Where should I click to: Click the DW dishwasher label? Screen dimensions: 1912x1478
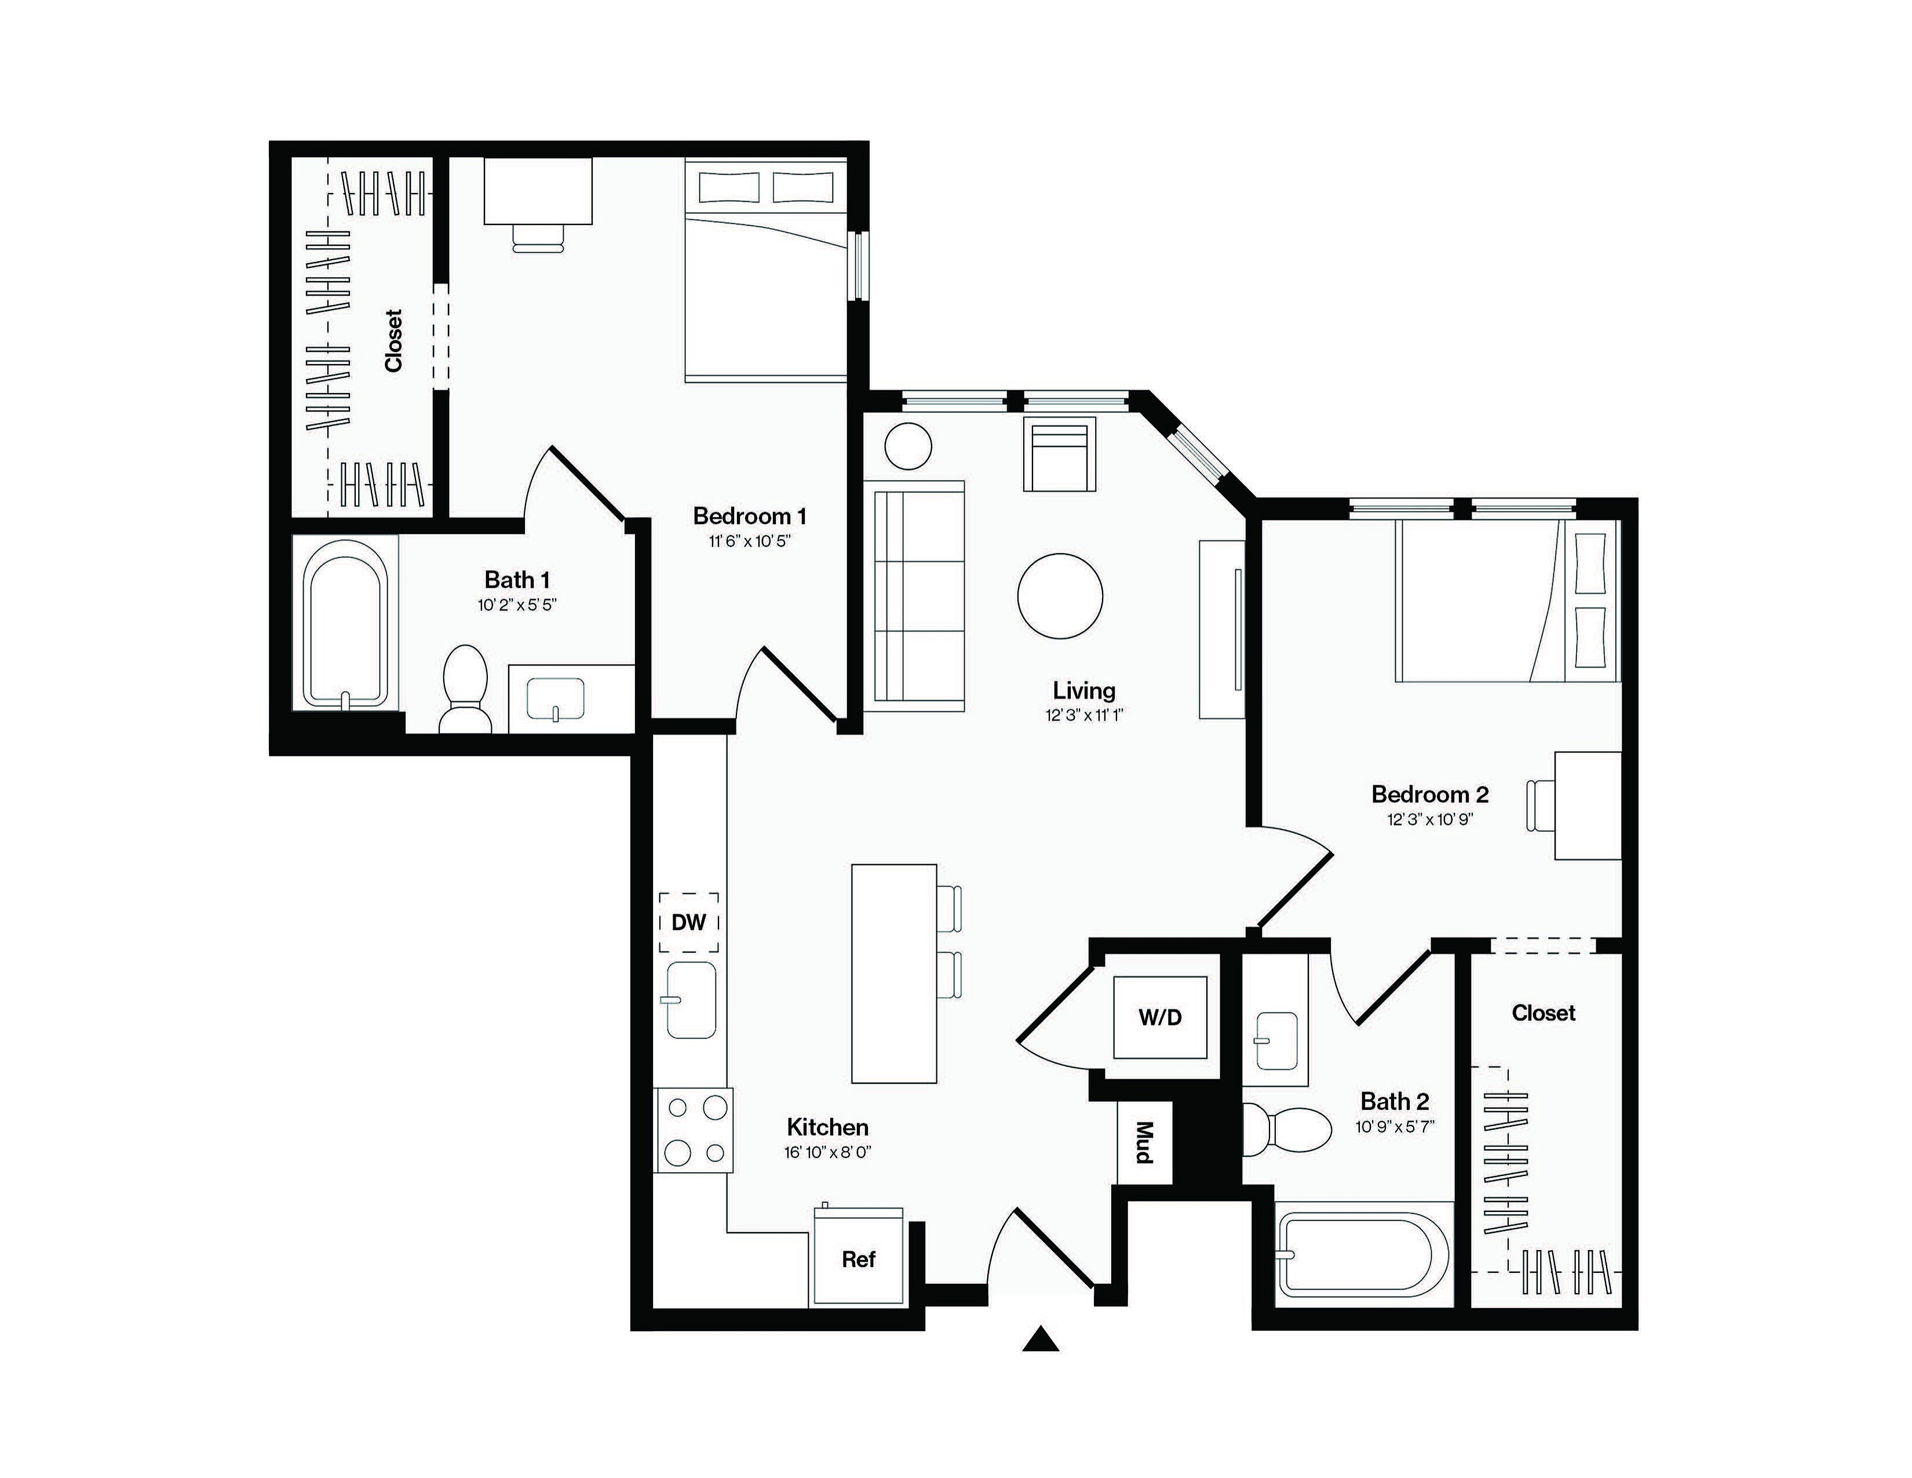pos(689,922)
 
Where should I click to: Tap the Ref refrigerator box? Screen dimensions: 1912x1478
pos(858,1257)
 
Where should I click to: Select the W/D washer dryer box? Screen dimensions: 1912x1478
pos(1160,1017)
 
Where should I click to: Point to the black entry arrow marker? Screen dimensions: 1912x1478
pos(1041,1339)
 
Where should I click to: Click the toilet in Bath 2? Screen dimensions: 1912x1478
pos(1287,1130)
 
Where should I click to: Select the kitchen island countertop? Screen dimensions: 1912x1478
pos(894,973)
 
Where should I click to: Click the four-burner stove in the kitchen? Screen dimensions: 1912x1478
pos(694,1130)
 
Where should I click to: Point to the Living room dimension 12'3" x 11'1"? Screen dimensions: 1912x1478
pos(1084,715)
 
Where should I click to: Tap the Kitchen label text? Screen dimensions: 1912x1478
pos(827,1127)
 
